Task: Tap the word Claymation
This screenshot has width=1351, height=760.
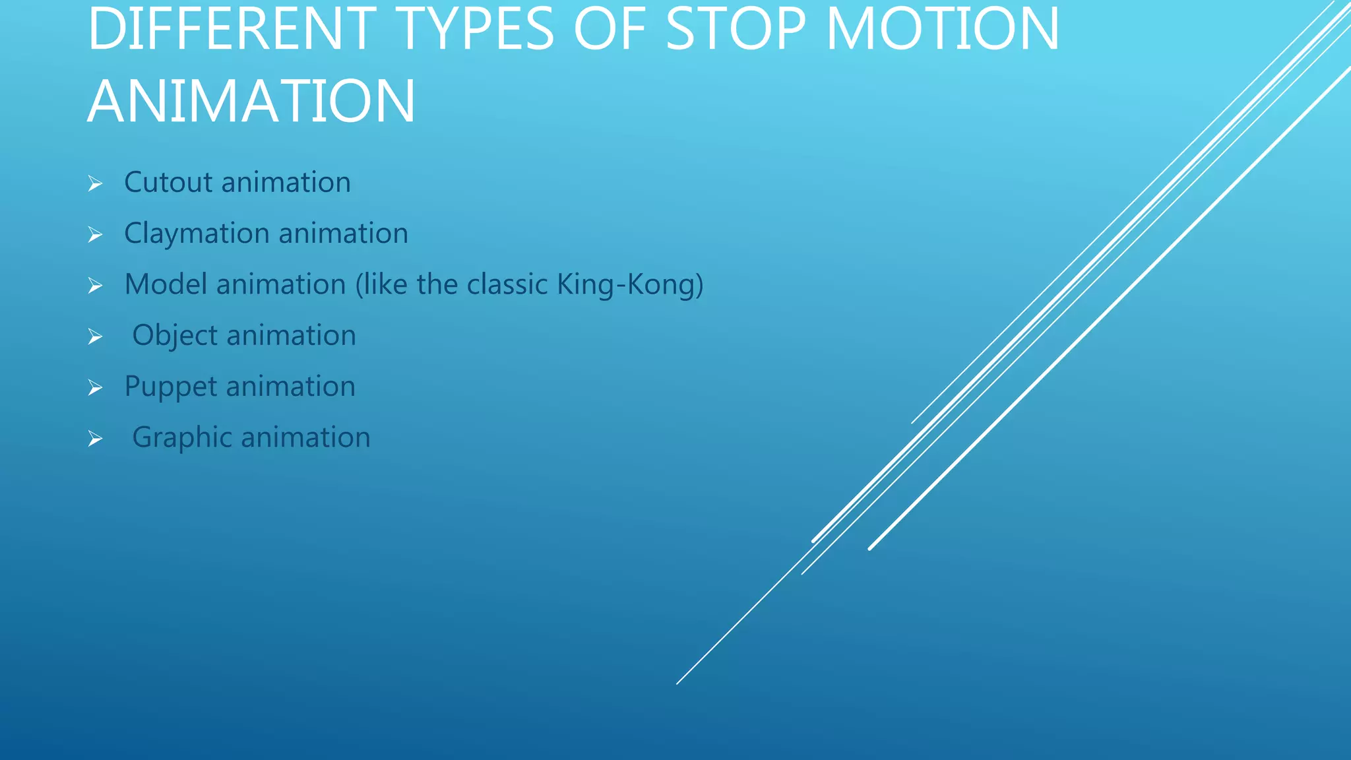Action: (197, 234)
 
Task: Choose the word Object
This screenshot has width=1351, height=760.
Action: (174, 336)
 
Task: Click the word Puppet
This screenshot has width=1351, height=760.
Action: (170, 387)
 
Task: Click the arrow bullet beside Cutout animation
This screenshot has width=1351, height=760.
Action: (95, 183)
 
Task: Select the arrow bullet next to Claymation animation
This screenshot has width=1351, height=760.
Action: (95, 234)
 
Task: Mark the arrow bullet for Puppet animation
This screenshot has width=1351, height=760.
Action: (95, 387)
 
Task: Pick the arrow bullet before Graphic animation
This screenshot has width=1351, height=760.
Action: (95, 439)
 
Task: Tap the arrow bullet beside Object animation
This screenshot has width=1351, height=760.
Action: (95, 336)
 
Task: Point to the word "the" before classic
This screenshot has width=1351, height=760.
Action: (437, 284)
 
